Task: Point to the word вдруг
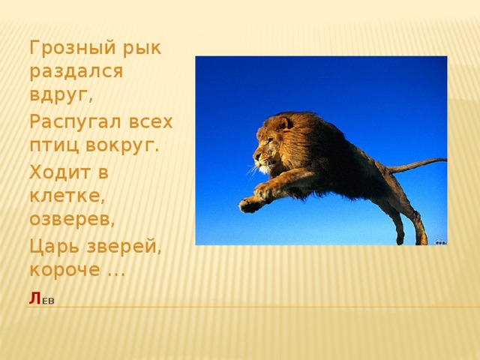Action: [x=60, y=96]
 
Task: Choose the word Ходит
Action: [x=59, y=171]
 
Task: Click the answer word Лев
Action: [x=41, y=300]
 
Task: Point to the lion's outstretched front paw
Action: [x=249, y=202]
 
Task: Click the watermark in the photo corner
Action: [x=441, y=241]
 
